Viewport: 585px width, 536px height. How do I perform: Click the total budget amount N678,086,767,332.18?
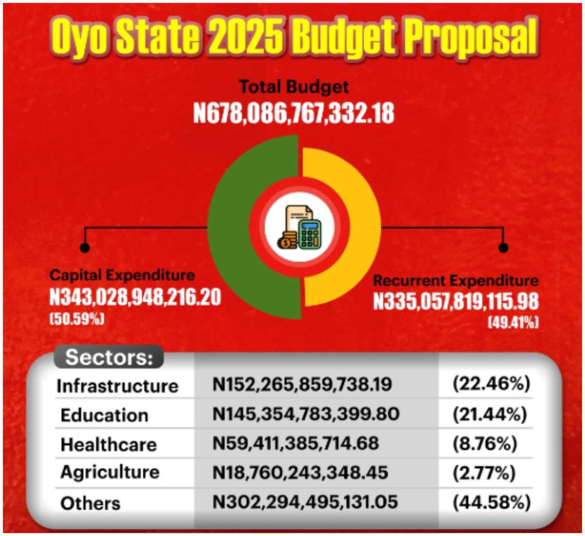294,114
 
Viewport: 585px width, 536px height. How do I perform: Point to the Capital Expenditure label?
122,276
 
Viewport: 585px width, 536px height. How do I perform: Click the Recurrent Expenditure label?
455,281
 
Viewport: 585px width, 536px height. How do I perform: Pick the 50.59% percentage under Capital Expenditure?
77,318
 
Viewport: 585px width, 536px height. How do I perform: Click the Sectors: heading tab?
109,359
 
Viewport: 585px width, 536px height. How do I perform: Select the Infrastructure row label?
118,386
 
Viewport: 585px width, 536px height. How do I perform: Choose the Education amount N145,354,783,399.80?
306,414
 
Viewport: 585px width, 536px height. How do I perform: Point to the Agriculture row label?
110,472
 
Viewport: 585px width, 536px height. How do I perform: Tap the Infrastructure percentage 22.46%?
492,385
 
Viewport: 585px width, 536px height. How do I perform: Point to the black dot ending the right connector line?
503,247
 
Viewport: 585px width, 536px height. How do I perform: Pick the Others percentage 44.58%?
492,502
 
